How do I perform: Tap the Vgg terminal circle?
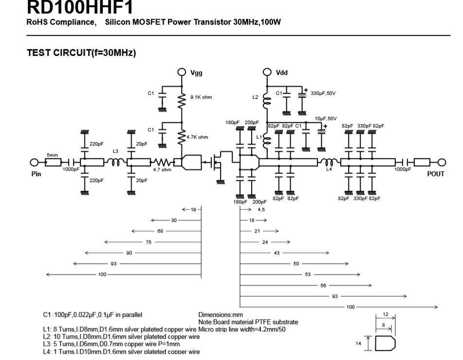182,72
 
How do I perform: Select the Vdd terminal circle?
266,72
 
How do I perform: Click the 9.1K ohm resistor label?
201,97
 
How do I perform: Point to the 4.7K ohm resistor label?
197,137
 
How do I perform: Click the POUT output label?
436,174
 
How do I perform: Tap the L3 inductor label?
115,151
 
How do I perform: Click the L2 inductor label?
256,97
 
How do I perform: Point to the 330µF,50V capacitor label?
324,93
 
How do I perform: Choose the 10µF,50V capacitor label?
325,118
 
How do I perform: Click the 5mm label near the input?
52,155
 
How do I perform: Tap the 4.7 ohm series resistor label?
162,170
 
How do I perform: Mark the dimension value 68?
160,231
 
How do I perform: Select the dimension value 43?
277,252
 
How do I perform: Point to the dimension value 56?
323,285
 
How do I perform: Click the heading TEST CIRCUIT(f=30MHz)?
81,54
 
